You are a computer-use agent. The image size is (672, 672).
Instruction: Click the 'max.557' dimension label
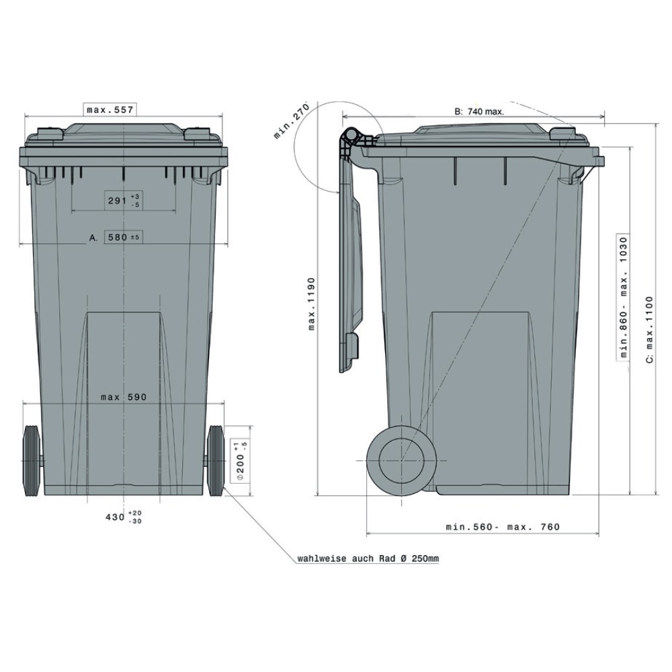pos(111,109)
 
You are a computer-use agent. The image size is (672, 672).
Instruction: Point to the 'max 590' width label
pos(124,397)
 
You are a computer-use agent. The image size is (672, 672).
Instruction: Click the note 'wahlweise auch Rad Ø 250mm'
pos(368,558)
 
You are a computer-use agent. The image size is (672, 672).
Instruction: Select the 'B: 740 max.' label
pos(479,112)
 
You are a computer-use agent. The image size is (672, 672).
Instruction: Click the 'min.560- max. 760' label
pos(503,527)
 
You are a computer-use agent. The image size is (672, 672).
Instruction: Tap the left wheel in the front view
pos(32,461)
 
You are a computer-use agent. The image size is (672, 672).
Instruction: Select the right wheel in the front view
pos(216,461)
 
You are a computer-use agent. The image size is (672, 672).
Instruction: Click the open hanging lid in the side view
pos(351,269)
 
